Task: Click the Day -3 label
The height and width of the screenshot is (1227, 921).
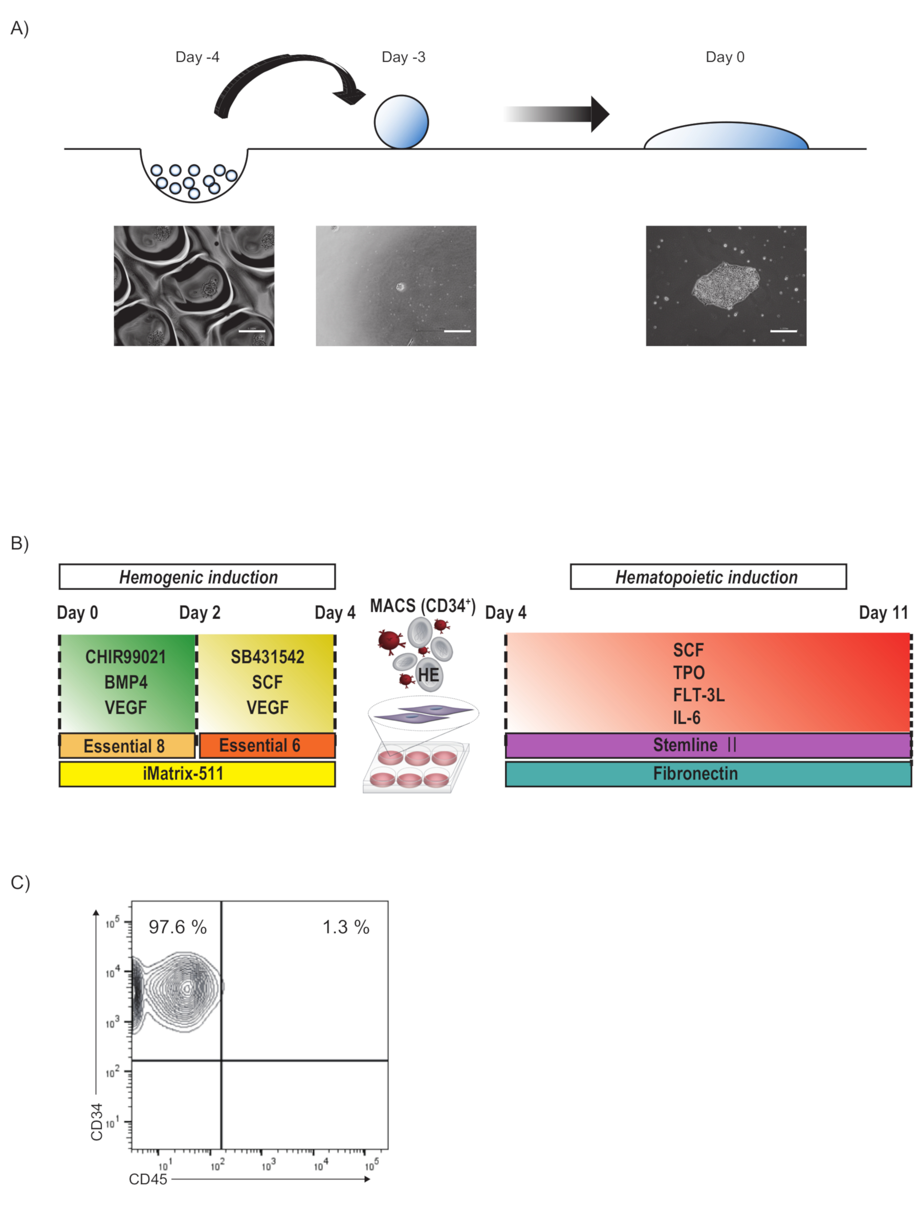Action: coord(403,57)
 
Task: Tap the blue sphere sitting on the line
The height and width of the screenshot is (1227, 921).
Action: coord(401,122)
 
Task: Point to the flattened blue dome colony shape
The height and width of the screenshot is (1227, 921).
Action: coord(726,137)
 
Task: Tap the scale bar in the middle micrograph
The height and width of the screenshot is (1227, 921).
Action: coord(457,331)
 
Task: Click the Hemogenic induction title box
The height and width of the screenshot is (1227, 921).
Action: coord(197,577)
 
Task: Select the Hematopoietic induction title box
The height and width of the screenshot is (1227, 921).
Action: coord(708,577)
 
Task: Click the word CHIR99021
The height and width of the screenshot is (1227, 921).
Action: coord(126,657)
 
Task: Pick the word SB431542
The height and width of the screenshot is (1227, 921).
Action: coord(268,657)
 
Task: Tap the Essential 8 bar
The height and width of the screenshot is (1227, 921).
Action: coord(126,746)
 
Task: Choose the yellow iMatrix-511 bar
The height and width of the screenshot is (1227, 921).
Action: coord(197,774)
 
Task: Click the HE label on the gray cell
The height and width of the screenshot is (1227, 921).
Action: coord(428,675)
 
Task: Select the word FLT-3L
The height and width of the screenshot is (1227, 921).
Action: coord(698,695)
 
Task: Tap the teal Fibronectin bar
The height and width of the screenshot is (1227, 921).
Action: coord(708,774)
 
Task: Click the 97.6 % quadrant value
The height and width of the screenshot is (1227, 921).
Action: coord(178,927)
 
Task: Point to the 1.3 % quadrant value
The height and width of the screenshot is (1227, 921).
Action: coord(346,927)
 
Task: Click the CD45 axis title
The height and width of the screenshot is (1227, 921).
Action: coord(147,1179)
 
